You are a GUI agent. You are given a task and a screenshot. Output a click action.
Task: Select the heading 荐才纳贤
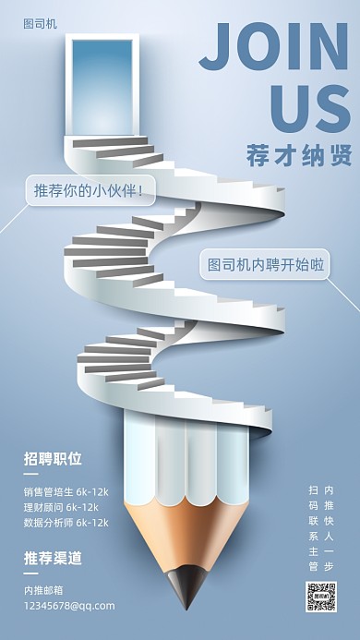pyautogui.click(x=300, y=155)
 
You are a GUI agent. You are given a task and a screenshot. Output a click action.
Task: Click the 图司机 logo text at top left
pyautogui.click(x=40, y=24)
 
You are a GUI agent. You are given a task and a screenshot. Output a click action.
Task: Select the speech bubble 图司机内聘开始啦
pyautogui.click(x=263, y=264)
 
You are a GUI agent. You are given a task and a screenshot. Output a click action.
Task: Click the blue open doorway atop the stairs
pyautogui.click(x=101, y=85)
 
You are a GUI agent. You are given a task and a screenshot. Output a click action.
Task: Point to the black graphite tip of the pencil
pyautogui.click(x=186, y=589)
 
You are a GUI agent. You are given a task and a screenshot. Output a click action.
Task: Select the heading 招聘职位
pyautogui.click(x=53, y=459)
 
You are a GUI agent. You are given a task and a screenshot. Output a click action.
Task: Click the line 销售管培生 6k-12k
pyautogui.click(x=66, y=490)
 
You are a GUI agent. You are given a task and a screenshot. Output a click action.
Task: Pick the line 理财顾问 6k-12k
pyautogui.click(x=61, y=506)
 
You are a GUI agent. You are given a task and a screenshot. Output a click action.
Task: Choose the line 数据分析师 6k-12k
pyautogui.click(x=66, y=522)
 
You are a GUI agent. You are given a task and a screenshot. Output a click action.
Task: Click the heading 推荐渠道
pyautogui.click(x=53, y=558)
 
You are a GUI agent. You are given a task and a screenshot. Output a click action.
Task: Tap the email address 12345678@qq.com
pyautogui.click(x=69, y=605)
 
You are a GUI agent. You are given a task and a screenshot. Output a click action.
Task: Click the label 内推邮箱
pyautogui.click(x=44, y=589)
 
